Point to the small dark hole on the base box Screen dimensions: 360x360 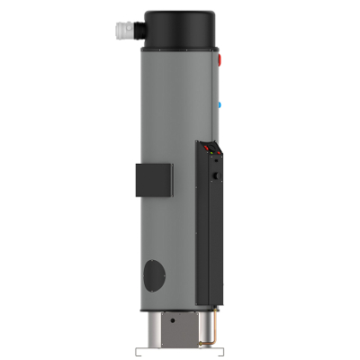tap(172, 322)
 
